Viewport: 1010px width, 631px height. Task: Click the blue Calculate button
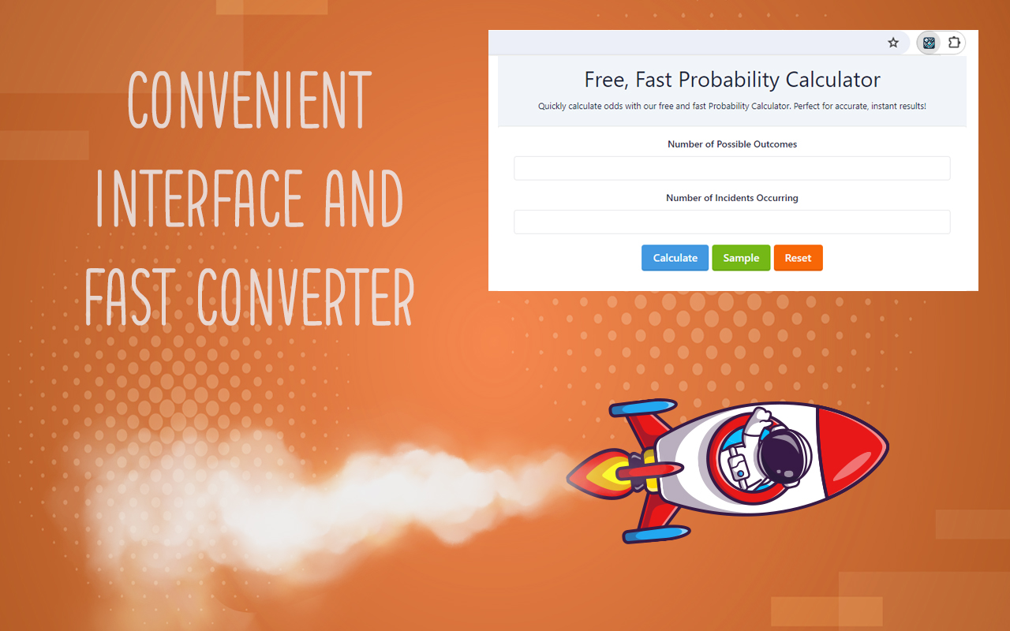pyautogui.click(x=675, y=258)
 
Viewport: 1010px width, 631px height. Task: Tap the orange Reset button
pyautogui.click(x=798, y=258)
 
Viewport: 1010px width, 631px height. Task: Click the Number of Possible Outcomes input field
pyautogui.click(x=731, y=168)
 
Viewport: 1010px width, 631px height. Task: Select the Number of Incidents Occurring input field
pyautogui.click(x=731, y=222)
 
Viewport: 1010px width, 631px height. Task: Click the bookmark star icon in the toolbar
pyautogui.click(x=893, y=43)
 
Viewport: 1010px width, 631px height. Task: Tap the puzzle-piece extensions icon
pyautogui.click(x=954, y=43)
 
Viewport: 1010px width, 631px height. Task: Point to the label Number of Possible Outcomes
pyautogui.click(x=731, y=144)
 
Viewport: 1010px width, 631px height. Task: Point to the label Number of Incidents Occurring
pyautogui.click(x=731, y=198)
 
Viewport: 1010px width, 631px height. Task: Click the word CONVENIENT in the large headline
pyautogui.click(x=249, y=101)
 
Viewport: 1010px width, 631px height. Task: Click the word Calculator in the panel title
pyautogui.click(x=832, y=80)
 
